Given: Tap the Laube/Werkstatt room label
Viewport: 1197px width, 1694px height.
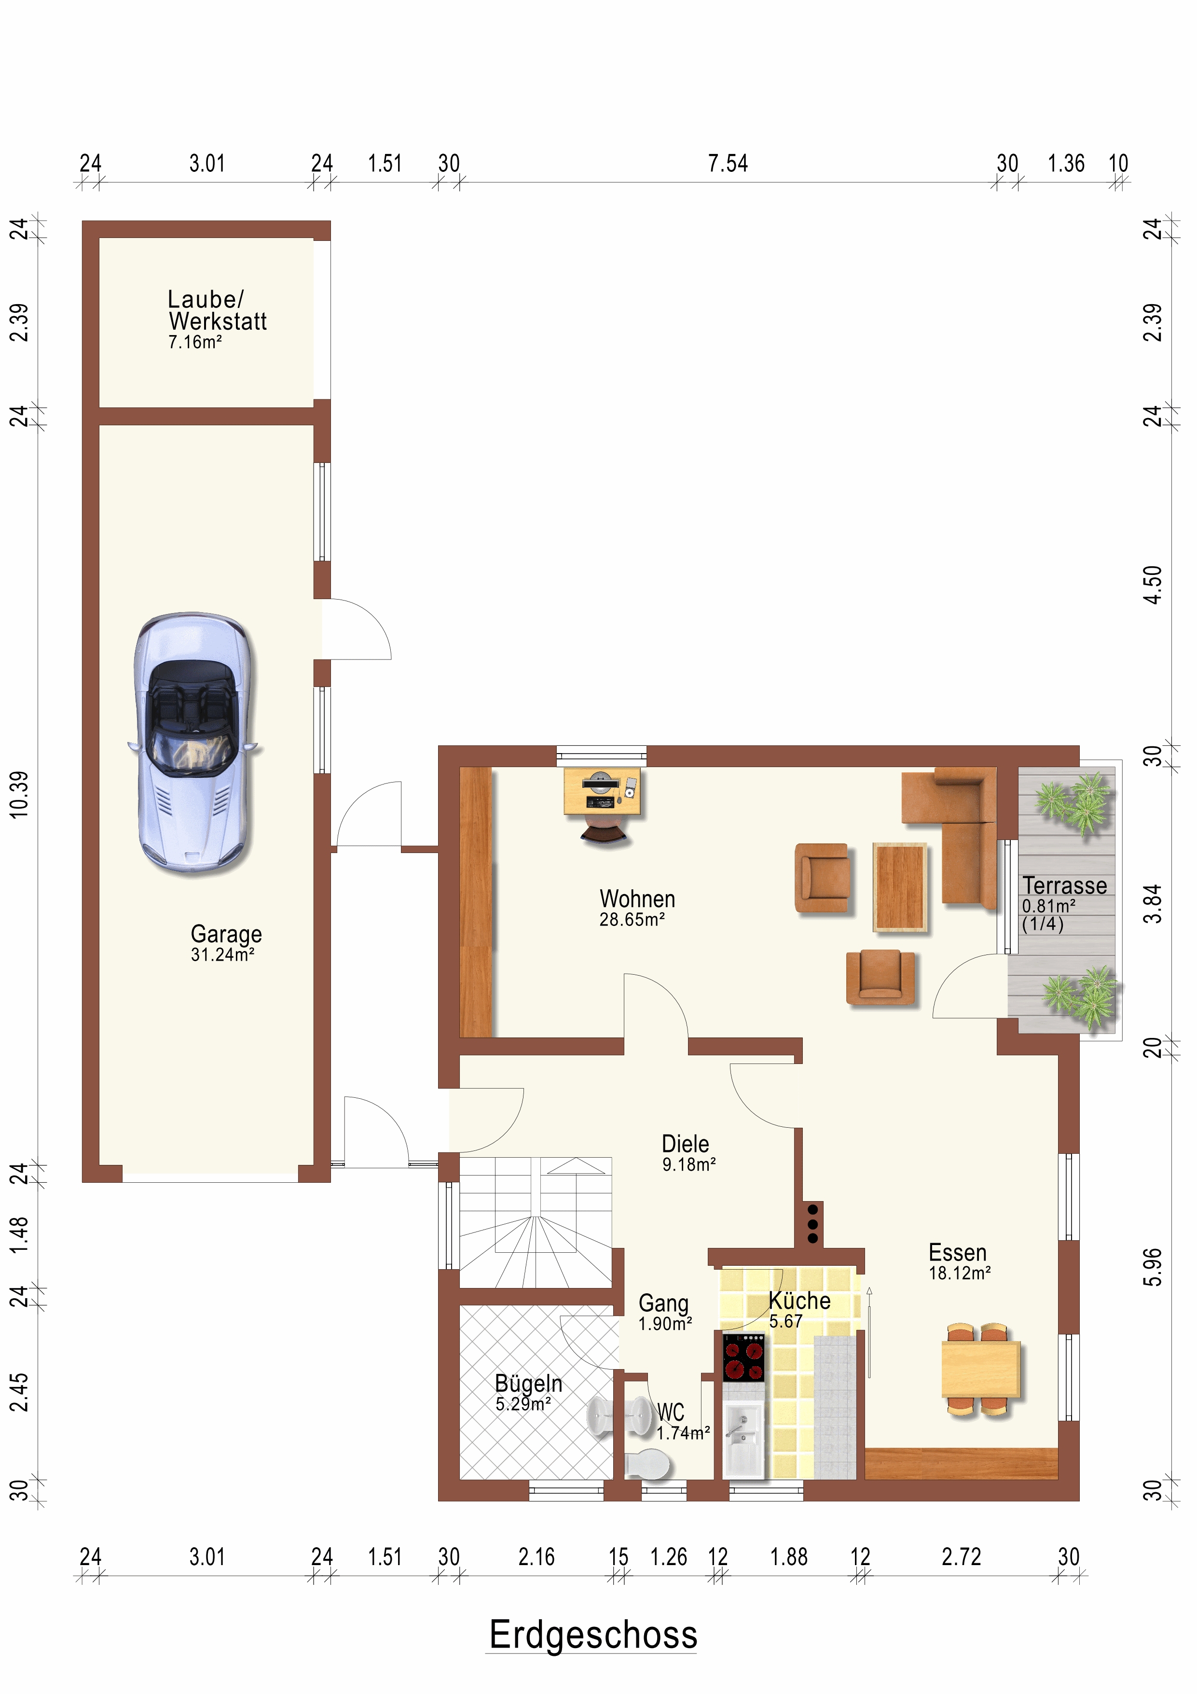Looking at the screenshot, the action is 217,310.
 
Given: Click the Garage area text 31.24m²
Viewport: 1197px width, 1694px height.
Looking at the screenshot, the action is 223,955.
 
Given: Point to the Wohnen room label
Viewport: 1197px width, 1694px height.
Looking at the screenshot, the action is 637,898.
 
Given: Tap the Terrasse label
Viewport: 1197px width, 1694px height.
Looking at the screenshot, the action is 1064,885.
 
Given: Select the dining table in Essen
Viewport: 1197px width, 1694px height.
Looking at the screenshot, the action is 981,1370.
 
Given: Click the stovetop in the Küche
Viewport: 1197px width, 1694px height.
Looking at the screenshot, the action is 743,1358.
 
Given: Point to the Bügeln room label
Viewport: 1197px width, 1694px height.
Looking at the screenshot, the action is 528,1384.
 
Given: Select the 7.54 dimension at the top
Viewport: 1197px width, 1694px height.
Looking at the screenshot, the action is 728,163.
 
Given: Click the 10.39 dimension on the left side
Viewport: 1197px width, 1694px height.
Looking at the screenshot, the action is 19,795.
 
